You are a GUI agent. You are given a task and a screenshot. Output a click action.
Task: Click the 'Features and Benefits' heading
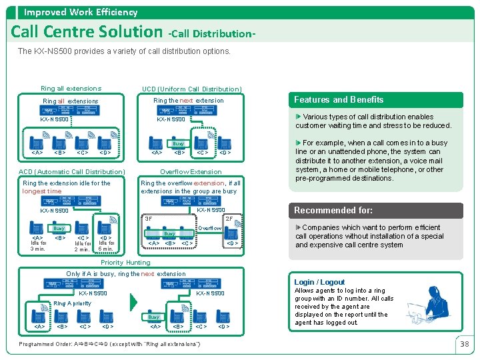(339, 100)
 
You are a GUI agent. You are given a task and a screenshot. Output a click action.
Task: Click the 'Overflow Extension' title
(191, 172)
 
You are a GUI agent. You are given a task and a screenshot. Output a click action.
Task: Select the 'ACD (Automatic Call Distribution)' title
(71, 172)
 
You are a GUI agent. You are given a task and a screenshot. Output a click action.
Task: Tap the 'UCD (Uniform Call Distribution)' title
(191, 89)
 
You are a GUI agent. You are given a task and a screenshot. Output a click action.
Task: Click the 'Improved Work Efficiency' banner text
(81, 12)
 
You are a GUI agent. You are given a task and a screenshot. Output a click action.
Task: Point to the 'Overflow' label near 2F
(210, 228)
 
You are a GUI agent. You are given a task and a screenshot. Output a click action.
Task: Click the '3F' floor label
(149, 219)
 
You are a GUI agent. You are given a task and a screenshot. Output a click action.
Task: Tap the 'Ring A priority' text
(72, 303)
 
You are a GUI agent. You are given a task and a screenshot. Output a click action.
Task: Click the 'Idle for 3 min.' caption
(38, 245)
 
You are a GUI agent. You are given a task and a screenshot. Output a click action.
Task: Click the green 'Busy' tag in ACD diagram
(59, 228)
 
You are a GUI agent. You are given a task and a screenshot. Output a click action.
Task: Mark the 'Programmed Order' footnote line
(112, 343)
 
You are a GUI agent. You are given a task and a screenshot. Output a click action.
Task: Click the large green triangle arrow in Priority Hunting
(133, 303)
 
